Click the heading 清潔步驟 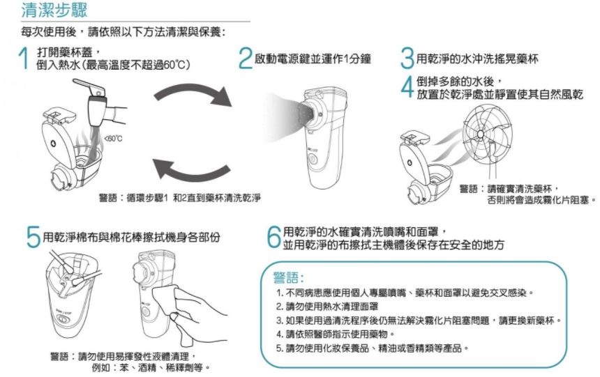tap(54, 10)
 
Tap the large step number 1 tap(24, 59)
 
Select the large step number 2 tap(245, 59)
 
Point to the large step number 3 tap(407, 59)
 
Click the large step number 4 tap(407, 87)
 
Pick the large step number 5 tap(33, 237)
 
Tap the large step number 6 tap(274, 237)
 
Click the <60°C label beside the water tap(113, 139)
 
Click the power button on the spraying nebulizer tap(313, 159)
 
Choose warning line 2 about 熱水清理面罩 tap(327, 307)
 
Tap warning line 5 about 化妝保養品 tap(373, 348)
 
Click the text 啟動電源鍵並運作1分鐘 tap(313, 59)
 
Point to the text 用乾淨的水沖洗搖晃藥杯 tap(477, 59)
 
